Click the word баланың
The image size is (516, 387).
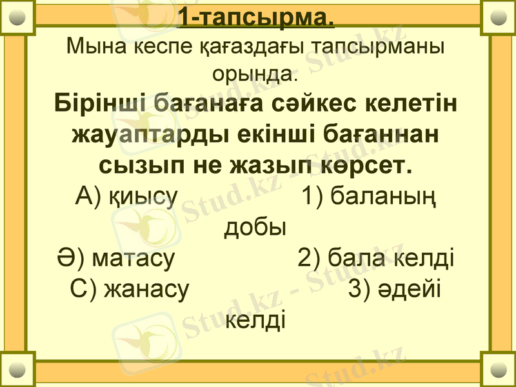tap(382, 196)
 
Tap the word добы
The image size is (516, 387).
tap(255, 226)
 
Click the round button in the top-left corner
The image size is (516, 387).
tap(17, 17)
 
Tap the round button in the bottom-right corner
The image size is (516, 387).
tap(499, 370)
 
